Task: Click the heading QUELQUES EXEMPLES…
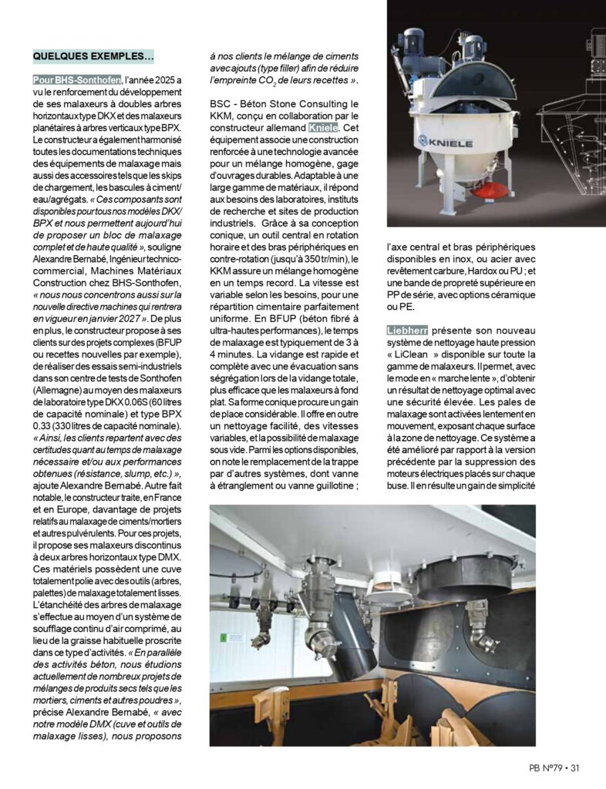(x=93, y=56)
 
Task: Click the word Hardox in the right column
(x=490, y=270)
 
